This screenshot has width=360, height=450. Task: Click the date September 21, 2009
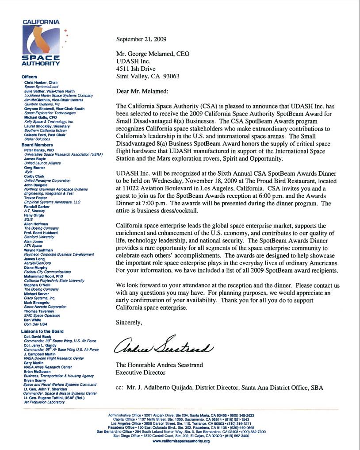(x=141, y=39)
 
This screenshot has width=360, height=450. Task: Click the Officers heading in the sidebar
(x=29, y=77)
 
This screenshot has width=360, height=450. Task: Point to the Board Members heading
(x=37, y=145)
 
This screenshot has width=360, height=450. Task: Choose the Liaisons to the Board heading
(x=42, y=331)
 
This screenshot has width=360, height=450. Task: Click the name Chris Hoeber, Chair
(x=41, y=83)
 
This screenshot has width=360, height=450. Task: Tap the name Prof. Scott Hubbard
(x=41, y=233)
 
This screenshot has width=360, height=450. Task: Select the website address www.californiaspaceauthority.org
(x=180, y=441)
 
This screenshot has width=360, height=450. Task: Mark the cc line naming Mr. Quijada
(x=219, y=388)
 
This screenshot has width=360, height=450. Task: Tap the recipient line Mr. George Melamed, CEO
(x=153, y=54)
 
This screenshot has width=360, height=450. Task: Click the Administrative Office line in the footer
(x=181, y=415)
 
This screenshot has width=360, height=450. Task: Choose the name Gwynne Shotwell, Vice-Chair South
(x=54, y=108)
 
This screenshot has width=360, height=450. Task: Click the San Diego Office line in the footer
(x=181, y=436)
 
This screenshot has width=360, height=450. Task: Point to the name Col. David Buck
(x=38, y=336)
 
